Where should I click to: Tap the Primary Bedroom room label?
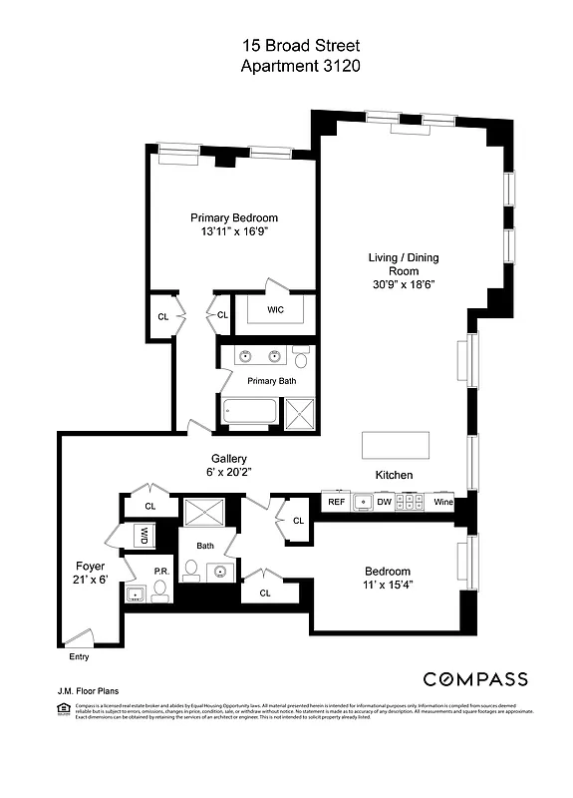234,217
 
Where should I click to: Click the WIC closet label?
276,310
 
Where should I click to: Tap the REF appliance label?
336,503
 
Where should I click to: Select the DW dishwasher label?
384,503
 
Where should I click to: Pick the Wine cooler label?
442,503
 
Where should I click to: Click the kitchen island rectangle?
396,444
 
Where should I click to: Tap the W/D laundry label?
143,537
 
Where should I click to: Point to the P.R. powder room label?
159,572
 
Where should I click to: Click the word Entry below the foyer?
79,656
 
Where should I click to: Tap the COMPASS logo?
475,679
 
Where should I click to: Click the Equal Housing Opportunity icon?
65,709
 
